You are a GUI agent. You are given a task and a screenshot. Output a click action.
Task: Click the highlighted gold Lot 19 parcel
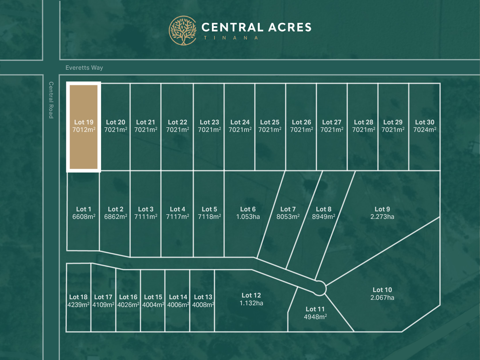click(84, 150)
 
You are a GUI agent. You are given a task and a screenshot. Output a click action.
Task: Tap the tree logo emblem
click(183, 31)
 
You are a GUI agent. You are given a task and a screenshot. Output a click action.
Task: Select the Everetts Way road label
click(84, 68)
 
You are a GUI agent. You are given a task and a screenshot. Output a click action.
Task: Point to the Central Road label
click(51, 100)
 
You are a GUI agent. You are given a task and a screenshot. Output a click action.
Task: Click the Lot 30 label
click(425, 122)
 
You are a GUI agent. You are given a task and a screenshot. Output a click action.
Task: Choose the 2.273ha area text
click(382, 217)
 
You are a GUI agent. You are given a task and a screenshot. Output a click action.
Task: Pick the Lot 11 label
click(315, 309)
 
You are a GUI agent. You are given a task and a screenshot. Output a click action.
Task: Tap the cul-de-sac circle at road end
click(319, 288)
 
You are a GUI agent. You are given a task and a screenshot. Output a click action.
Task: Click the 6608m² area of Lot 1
click(84, 217)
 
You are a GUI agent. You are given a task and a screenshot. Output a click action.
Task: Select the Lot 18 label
click(78, 297)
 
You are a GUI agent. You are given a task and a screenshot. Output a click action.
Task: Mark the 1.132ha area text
click(251, 303)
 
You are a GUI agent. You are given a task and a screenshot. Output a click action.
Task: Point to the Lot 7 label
click(288, 209)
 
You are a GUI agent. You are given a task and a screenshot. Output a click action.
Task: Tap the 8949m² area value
click(324, 217)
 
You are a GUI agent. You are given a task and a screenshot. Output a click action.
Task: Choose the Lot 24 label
click(240, 122)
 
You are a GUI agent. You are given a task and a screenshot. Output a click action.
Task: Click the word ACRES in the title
click(290, 27)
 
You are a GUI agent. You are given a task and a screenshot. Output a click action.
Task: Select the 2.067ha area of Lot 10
click(382, 298)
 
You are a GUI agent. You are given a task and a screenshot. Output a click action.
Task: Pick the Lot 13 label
click(203, 297)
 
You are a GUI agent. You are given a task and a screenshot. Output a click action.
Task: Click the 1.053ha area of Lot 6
click(248, 217)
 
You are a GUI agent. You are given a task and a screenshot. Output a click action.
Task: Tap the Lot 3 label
click(146, 209)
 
